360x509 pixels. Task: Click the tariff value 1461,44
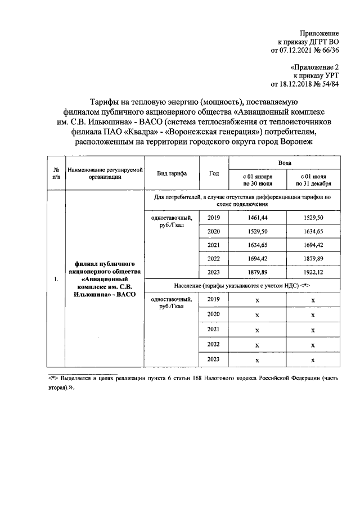tap(256, 218)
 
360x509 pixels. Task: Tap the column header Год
tap(214, 173)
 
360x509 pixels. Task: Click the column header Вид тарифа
tap(172, 173)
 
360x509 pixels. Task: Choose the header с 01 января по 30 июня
tap(257, 179)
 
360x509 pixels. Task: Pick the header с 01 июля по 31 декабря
tap(312, 179)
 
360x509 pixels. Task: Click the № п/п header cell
tap(56, 173)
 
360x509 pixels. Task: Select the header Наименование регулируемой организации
tap(105, 173)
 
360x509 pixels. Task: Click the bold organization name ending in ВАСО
tap(104, 279)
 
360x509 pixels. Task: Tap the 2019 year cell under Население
tap(214, 300)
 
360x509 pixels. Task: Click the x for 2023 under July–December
tap(312, 360)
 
